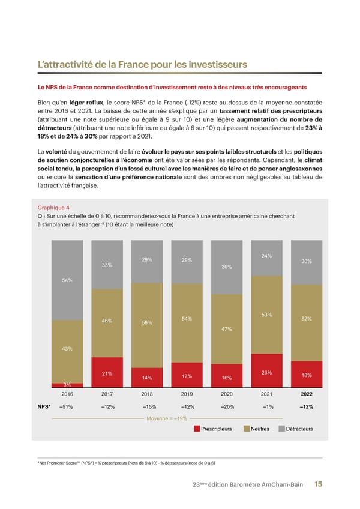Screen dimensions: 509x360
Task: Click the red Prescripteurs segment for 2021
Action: pyautogui.click(x=267, y=370)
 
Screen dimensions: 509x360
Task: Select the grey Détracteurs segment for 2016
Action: pyautogui.click(x=68, y=280)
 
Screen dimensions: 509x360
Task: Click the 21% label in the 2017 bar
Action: pyautogui.click(x=107, y=374)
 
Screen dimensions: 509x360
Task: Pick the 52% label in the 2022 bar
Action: pyautogui.click(x=306, y=319)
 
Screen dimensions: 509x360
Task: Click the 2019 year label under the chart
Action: pyautogui.click(x=187, y=394)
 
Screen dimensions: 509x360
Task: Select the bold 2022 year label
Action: pyautogui.click(x=306, y=394)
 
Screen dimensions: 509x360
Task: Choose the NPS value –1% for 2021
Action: pyautogui.click(x=267, y=407)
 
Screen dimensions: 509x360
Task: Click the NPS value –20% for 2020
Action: pyautogui.click(x=226, y=407)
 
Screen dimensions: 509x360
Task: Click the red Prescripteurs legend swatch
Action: pyautogui.click(x=196, y=429)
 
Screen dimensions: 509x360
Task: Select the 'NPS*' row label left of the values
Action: pyautogui.click(x=44, y=407)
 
